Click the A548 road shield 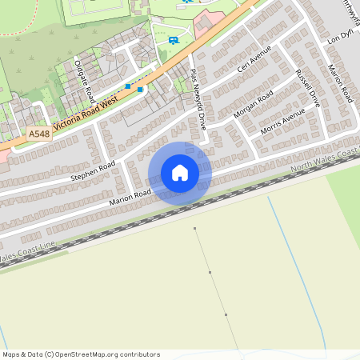pos(38,134)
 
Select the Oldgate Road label pos(83,74)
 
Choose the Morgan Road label pos(253,105)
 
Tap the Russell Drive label pos(307,88)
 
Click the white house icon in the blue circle pos(180,173)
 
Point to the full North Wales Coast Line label pos(324,159)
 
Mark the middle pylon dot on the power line pos(210,273)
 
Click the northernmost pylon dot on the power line pos(194,229)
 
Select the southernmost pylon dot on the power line pos(226,315)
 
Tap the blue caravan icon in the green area pos(174,40)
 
